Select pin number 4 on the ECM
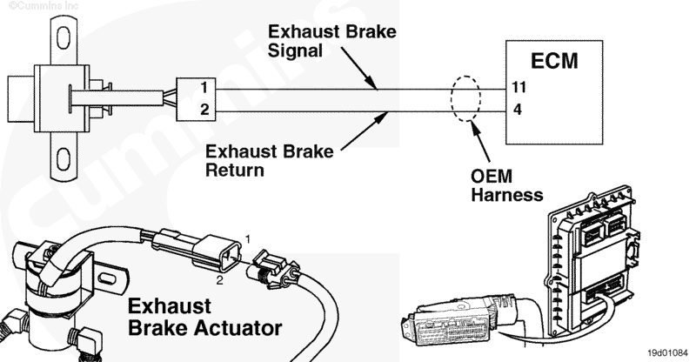click(x=517, y=111)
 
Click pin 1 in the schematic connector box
click(x=202, y=89)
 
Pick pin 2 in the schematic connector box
click(x=202, y=110)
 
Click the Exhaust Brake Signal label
click(x=331, y=42)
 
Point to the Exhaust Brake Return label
click(x=269, y=162)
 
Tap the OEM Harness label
click(x=505, y=185)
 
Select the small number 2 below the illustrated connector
click(x=219, y=280)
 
